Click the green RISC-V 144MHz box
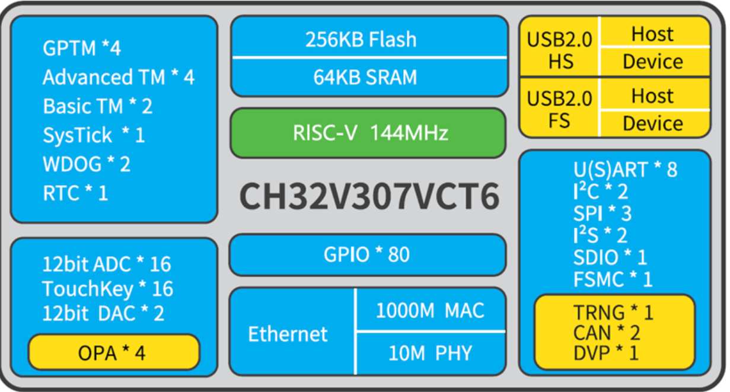click(x=369, y=133)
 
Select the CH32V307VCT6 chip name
click(x=369, y=197)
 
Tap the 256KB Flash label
click(x=361, y=39)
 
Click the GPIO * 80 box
click(x=366, y=254)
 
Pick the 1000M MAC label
click(x=430, y=310)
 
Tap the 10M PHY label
click(x=430, y=353)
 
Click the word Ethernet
click(x=288, y=334)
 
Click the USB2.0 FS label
click(x=559, y=109)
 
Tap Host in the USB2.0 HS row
click(x=652, y=34)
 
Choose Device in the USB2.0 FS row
click(x=652, y=123)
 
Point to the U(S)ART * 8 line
click(x=625, y=170)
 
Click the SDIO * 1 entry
click(x=610, y=257)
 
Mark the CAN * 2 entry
click(x=607, y=333)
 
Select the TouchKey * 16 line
click(x=107, y=289)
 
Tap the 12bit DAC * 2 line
click(x=103, y=313)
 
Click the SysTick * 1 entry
click(x=94, y=135)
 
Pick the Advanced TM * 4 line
click(x=119, y=77)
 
